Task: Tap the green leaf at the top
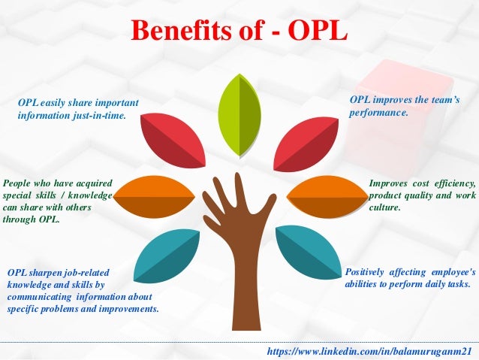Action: click(x=239, y=116)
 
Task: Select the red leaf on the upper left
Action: click(x=173, y=138)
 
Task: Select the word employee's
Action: click(x=452, y=271)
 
